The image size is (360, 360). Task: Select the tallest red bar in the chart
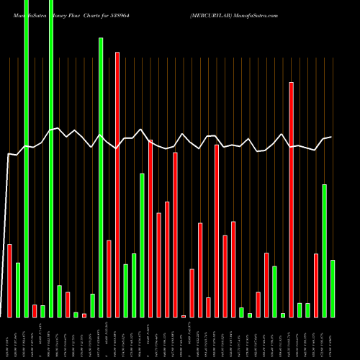pos(117,184)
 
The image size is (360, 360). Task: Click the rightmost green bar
pos(333,288)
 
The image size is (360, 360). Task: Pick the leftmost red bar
pos(10,281)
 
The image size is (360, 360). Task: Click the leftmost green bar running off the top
pos(27,158)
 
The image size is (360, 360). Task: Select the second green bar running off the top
pos(51,158)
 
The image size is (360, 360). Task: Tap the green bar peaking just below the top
pos(101,177)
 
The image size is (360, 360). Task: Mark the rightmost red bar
pos(316,285)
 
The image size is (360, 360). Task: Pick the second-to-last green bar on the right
pos(325,251)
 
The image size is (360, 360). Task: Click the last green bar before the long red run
pos(143,245)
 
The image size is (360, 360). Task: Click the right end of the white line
pos(331,137)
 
